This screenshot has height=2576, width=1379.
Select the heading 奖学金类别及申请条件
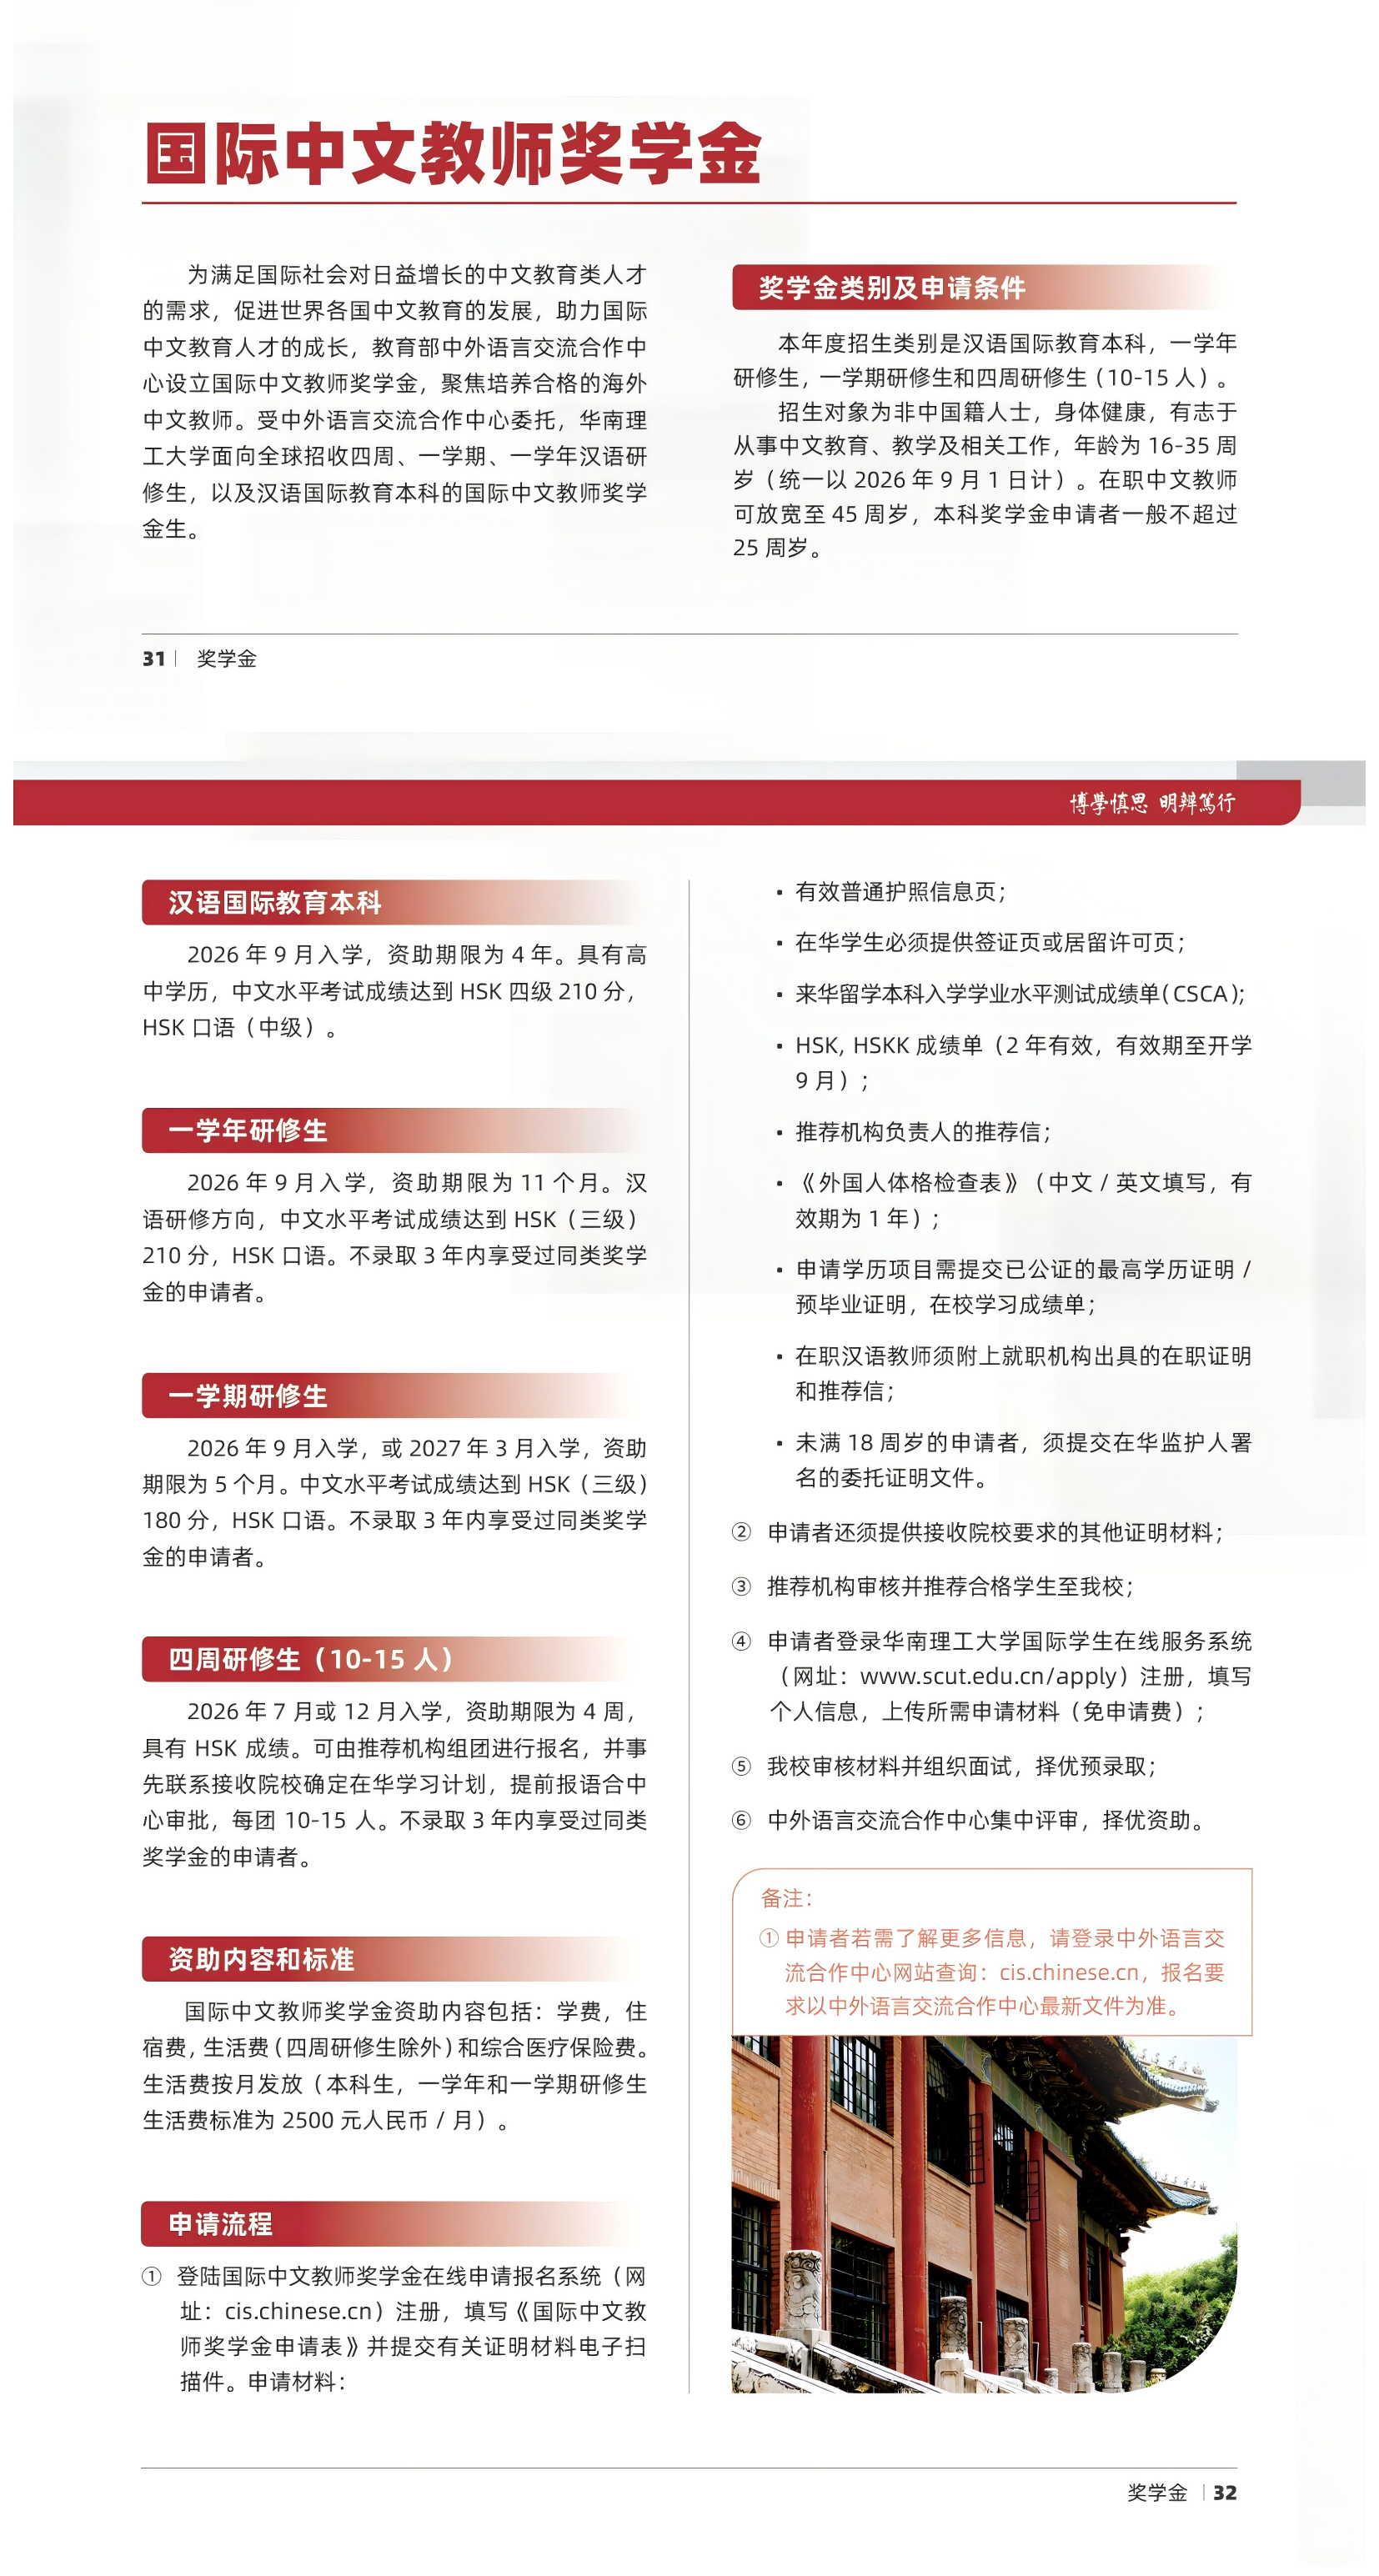(x=891, y=288)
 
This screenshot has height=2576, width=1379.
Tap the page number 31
(x=153, y=658)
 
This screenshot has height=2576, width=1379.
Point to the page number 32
(x=1224, y=2492)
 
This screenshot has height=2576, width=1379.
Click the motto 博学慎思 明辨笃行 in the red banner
(x=1151, y=803)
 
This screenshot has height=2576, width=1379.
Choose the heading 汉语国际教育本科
(x=274, y=902)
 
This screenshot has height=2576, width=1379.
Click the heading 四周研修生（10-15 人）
(x=311, y=1659)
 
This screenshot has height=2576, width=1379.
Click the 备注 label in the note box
(x=786, y=1898)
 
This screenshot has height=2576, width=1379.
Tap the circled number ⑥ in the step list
(x=741, y=1820)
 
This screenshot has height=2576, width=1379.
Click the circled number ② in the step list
(x=741, y=1532)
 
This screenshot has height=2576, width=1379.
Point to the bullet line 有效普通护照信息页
(x=899, y=891)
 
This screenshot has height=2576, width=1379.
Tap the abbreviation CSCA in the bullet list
(x=1199, y=994)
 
